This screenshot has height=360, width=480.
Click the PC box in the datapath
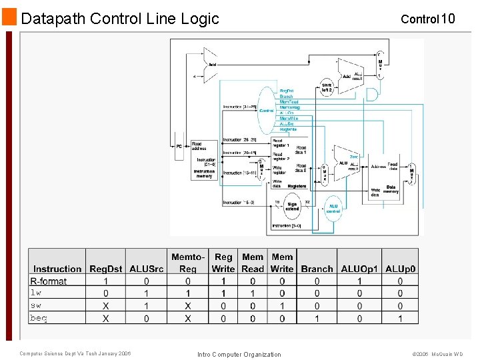(179, 146)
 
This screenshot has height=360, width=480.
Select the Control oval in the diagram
(266, 110)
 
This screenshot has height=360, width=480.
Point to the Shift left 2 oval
(327, 89)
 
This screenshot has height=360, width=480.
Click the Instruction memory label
(204, 173)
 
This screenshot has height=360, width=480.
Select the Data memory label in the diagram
(391, 189)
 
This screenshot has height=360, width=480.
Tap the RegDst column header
(106, 269)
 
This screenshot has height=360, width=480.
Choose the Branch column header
(317, 269)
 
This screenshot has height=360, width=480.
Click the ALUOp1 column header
(359, 269)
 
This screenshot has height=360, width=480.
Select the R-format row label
(49, 281)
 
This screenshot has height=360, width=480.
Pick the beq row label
(39, 318)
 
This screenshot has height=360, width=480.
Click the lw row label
(36, 293)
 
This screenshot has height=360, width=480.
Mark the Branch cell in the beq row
(317, 318)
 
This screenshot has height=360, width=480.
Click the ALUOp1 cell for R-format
(359, 281)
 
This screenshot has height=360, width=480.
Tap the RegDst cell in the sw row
(106, 306)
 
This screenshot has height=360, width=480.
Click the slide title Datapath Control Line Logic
(120, 19)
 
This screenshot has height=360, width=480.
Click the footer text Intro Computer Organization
(239, 354)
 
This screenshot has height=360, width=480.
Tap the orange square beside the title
(9, 17)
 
